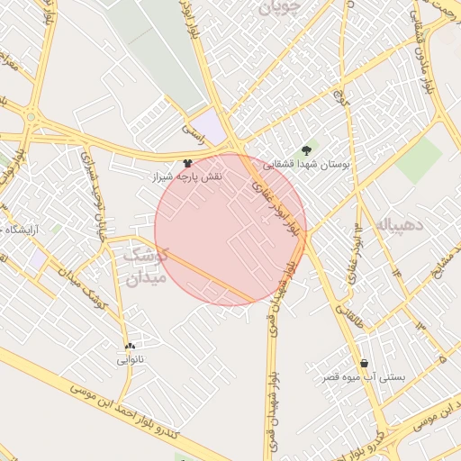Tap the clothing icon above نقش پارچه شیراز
pos(187,163)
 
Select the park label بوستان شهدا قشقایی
pos(310,166)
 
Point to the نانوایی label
pos(131,359)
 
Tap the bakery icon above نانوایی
pos(131,346)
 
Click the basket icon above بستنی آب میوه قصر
pos(364,363)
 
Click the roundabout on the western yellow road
pos(31,117)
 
